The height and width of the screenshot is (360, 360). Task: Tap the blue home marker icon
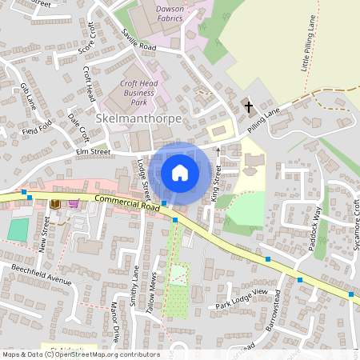[x=180, y=172]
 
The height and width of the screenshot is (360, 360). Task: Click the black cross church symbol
[x=248, y=106]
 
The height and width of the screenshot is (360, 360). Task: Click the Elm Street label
[x=92, y=149]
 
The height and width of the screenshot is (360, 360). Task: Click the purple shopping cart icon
[x=74, y=203]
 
